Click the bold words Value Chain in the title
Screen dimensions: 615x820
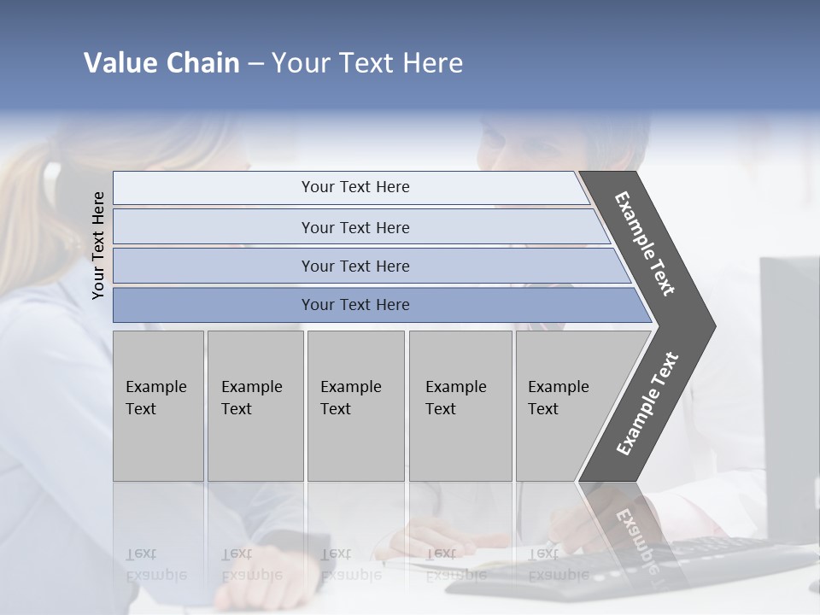(161, 63)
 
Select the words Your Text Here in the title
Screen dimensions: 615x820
(367, 63)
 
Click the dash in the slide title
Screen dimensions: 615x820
(255, 64)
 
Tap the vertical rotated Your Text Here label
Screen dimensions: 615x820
(98, 245)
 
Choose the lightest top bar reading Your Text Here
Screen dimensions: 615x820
(354, 187)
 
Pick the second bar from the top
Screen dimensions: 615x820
(354, 227)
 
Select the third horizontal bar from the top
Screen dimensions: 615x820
(354, 266)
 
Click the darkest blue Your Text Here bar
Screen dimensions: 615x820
(354, 305)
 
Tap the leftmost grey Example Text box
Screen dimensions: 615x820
(158, 405)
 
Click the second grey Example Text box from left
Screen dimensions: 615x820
(255, 405)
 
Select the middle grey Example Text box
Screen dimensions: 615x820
(355, 405)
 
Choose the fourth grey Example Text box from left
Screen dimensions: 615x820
(460, 405)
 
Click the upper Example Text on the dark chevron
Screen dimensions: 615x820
(645, 243)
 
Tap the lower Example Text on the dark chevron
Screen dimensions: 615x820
(647, 404)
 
